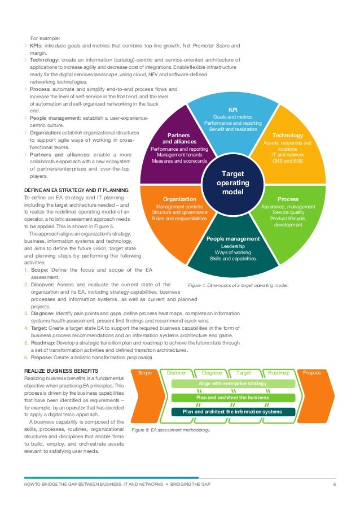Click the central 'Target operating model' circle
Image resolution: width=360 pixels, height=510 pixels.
click(232, 183)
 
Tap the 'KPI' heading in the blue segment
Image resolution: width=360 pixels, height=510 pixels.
click(232, 110)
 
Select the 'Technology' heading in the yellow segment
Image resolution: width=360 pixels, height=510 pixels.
click(288, 136)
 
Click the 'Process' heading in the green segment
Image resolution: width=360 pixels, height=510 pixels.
click(288, 199)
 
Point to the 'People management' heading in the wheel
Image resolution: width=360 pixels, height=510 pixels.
click(232, 239)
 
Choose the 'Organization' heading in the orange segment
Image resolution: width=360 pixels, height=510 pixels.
click(179, 199)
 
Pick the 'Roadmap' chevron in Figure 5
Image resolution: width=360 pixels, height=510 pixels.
click(278, 373)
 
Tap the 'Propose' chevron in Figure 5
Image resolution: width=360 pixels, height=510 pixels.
click(312, 373)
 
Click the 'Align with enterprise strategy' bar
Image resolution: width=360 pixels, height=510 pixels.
click(232, 384)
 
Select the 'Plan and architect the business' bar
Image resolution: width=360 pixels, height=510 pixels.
click(232, 398)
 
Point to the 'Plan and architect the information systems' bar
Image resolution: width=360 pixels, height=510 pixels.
click(232, 412)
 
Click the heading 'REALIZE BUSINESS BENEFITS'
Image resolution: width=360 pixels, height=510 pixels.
click(62, 369)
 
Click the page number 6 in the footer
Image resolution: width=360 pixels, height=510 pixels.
click(335, 485)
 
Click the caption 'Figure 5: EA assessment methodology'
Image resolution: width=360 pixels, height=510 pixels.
click(170, 430)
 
